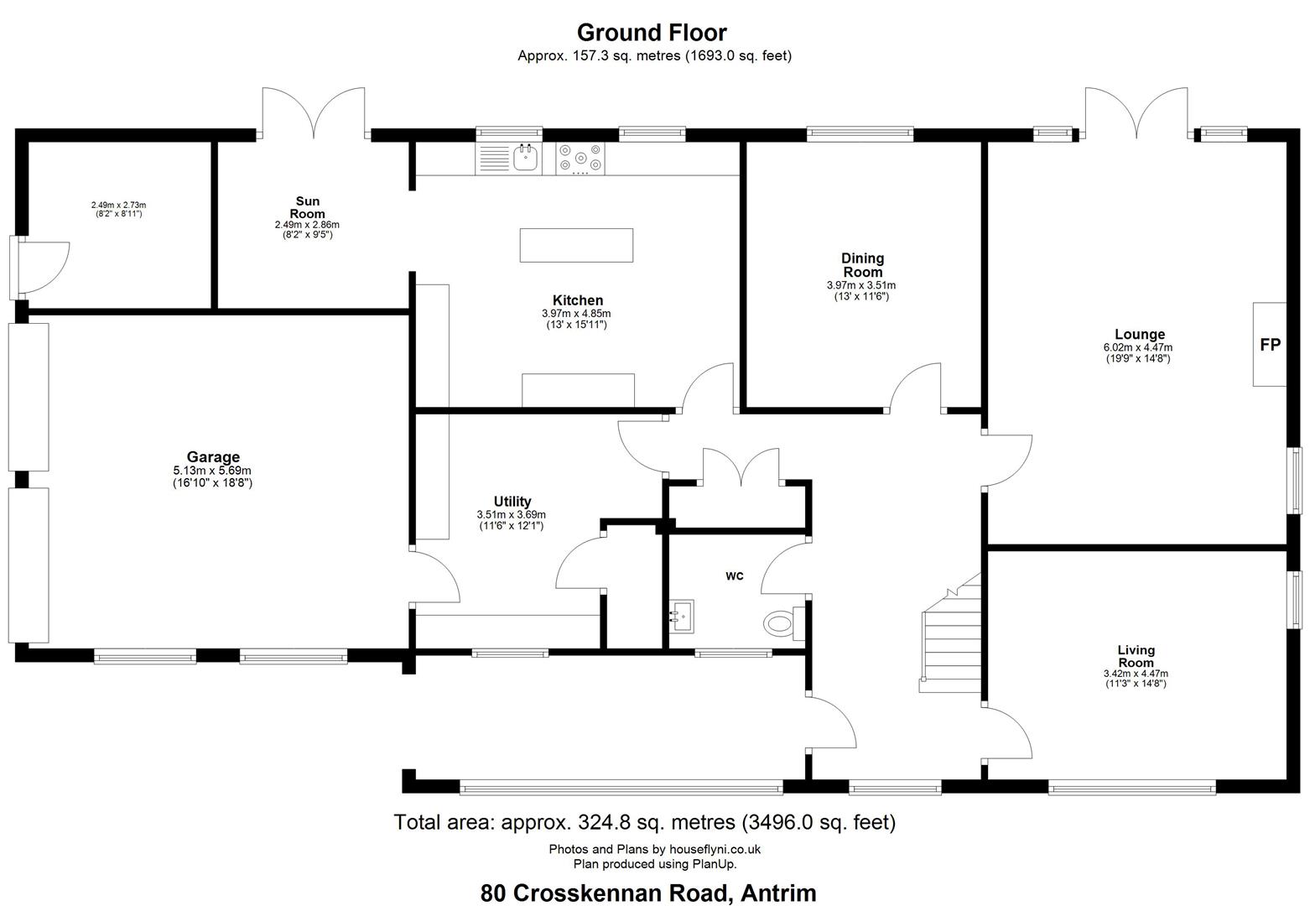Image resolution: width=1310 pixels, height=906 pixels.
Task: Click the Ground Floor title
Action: click(652, 33)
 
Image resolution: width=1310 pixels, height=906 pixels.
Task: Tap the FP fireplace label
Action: click(1270, 345)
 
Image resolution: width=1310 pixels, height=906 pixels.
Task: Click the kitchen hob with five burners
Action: click(580, 158)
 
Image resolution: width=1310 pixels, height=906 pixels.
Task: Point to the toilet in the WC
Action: click(783, 623)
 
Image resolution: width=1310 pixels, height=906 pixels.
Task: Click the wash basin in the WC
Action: click(681, 616)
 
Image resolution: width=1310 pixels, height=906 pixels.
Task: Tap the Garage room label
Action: click(213, 457)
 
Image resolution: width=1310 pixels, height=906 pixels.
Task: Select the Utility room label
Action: click(512, 502)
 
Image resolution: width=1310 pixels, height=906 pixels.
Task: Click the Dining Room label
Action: click(863, 265)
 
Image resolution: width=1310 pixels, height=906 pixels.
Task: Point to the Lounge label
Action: click(1139, 334)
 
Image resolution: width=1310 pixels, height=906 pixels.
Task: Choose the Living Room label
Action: click(1136, 656)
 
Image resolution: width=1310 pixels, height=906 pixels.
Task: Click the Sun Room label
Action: click(308, 207)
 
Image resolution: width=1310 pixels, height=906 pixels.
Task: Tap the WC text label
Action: click(735, 576)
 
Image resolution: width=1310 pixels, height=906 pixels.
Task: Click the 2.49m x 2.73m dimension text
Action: click(119, 206)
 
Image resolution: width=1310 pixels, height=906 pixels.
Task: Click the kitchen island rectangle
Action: click(576, 245)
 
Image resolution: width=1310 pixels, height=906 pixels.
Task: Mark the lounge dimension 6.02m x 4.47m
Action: click(1138, 347)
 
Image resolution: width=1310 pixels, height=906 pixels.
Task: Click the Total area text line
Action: click(644, 822)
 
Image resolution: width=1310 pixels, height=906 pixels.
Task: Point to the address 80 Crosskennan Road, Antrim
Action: click(648, 893)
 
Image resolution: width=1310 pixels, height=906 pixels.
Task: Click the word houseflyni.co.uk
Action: click(715, 849)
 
